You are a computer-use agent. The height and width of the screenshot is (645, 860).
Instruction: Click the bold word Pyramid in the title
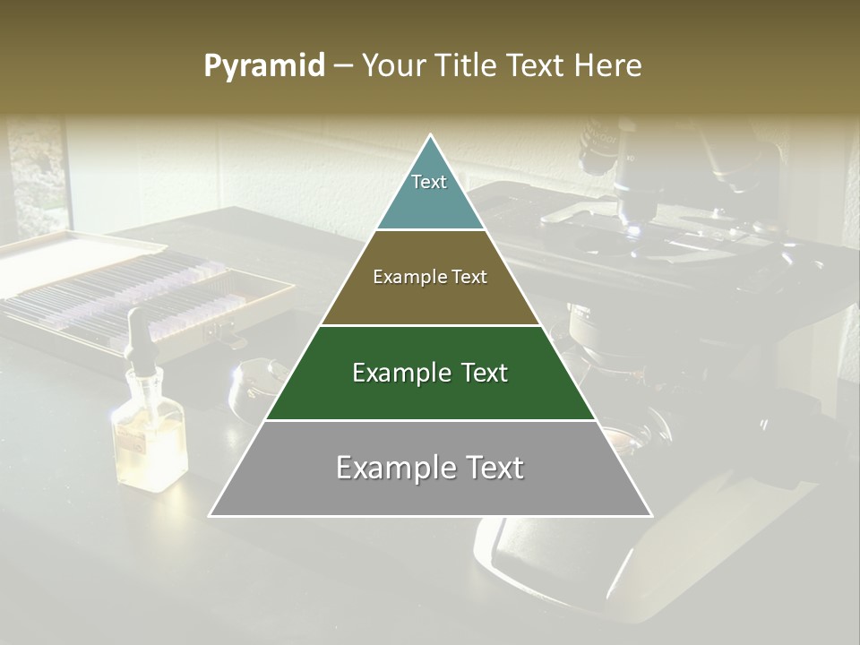[263, 66]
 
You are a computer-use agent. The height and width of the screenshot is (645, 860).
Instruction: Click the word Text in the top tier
[429, 182]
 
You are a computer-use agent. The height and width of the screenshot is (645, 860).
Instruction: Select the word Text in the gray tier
[489, 468]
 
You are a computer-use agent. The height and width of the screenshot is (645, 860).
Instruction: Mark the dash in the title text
[341, 66]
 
